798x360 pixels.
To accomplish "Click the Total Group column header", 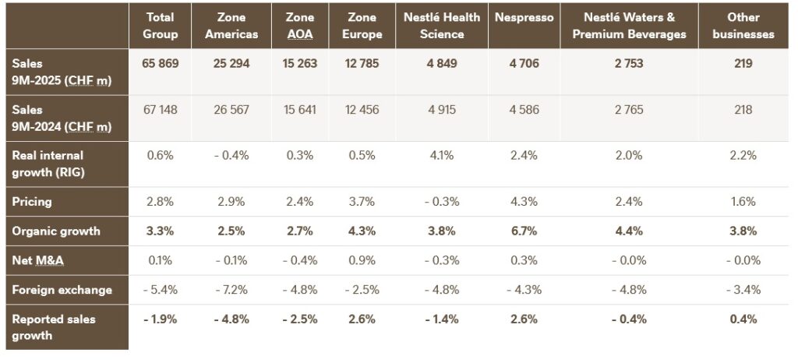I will [x=161, y=26].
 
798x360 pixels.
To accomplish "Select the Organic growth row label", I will [x=55, y=231].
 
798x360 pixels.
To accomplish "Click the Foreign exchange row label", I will [x=62, y=290].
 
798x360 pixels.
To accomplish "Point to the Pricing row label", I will [x=32, y=202].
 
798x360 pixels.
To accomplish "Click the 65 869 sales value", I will [x=161, y=64].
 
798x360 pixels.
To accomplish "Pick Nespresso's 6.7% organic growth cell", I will [x=523, y=231].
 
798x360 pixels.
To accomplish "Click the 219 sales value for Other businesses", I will [x=743, y=64].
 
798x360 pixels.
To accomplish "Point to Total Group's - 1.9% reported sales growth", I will [x=161, y=319].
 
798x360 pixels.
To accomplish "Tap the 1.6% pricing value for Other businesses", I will [x=743, y=202].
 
